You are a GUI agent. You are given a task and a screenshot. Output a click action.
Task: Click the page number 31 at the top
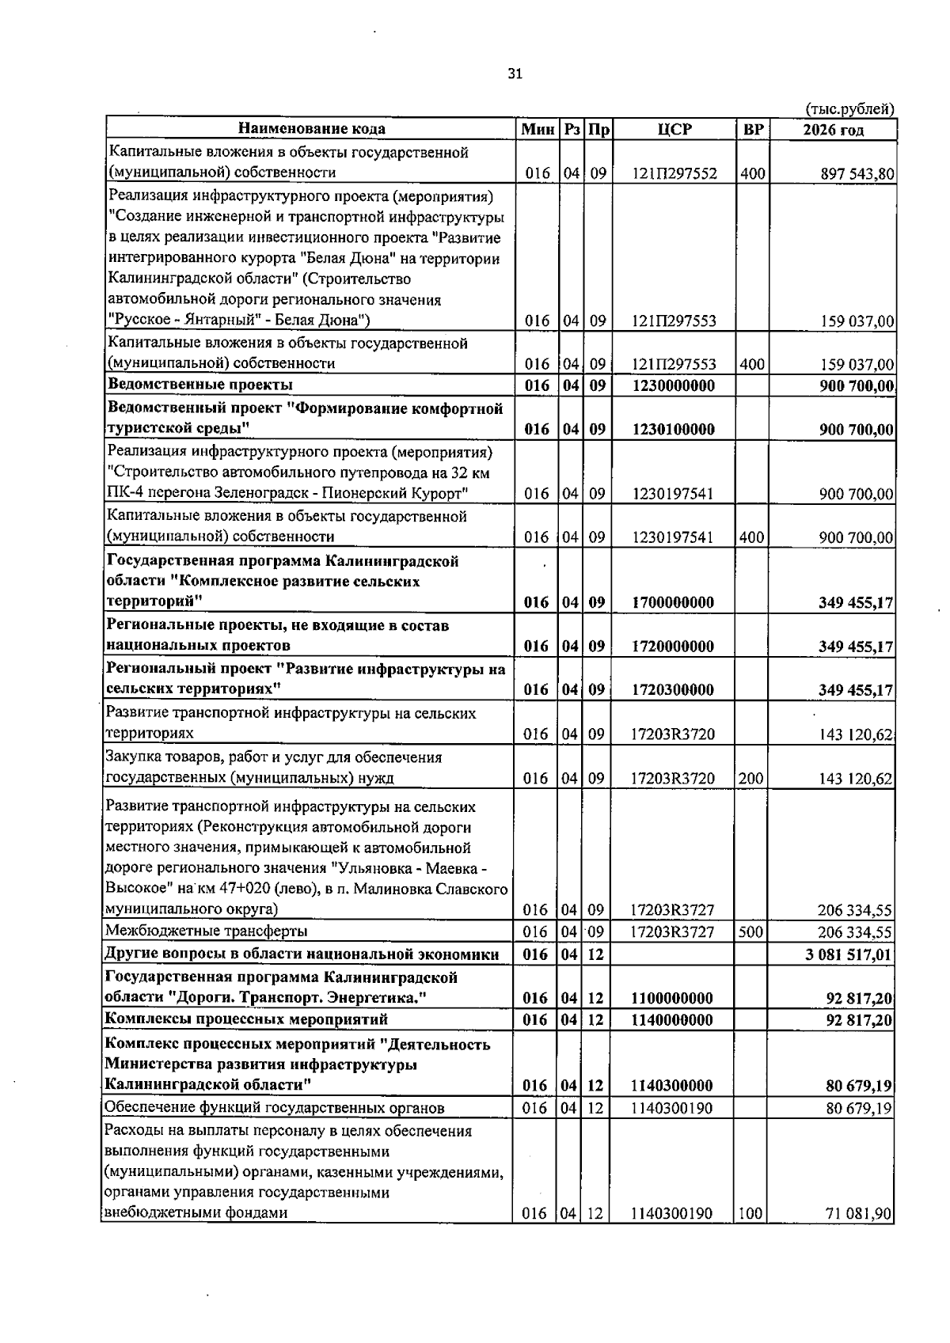tap(515, 74)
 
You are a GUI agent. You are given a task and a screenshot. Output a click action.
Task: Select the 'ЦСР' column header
tap(674, 129)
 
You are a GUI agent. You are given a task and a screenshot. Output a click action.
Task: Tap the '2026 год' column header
tap(833, 130)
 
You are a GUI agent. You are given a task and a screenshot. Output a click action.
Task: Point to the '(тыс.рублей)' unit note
tap(849, 109)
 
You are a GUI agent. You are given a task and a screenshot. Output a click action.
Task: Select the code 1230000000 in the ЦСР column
tap(674, 385)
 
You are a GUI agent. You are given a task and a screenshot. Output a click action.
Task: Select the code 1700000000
tap(674, 602)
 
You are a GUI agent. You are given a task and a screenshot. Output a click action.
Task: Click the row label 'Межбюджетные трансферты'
tap(207, 931)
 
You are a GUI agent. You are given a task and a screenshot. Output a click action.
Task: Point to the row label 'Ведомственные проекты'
tap(200, 385)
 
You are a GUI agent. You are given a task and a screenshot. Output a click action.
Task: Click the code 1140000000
tap(674, 1020)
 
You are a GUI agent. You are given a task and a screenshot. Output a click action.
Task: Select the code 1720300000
tap(674, 689)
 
